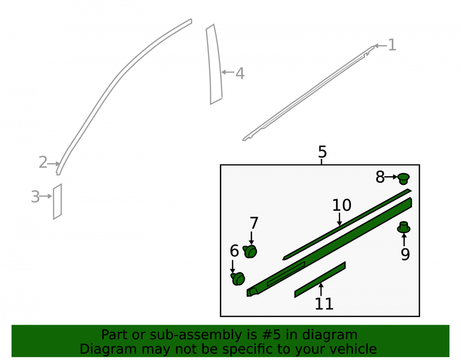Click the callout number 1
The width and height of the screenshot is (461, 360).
tap(392, 45)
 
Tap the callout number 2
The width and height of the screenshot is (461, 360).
tap(43, 162)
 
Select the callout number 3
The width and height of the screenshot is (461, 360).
tap(35, 197)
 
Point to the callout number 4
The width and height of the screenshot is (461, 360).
tap(240, 73)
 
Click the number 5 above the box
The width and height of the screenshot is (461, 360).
tap(323, 152)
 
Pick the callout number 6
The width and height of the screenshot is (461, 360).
tap(234, 251)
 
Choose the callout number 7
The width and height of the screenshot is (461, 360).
tap(254, 223)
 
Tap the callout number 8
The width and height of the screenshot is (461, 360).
tap(380, 177)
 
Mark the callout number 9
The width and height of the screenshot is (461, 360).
tap(405, 254)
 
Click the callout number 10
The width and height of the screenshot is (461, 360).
tap(342, 205)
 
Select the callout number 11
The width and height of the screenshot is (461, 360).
tap(324, 304)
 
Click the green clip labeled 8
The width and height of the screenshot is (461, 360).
tap(403, 178)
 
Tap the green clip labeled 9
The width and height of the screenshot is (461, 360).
tap(404, 227)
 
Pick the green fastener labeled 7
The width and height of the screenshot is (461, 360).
tap(250, 252)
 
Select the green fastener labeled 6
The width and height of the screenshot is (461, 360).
tap(238, 278)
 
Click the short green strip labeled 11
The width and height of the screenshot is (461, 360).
tap(320, 279)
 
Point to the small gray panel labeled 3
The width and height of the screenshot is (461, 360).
tap(57, 201)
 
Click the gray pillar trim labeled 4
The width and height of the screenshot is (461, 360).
tap(214, 65)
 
